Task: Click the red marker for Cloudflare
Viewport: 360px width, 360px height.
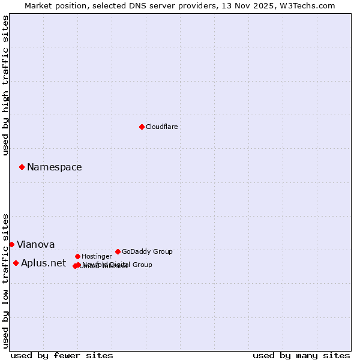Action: (x=142, y=127)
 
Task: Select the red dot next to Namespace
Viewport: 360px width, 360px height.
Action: (x=22, y=167)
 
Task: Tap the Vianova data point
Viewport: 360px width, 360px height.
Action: (x=11, y=244)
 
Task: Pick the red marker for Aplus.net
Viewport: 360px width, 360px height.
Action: (x=16, y=263)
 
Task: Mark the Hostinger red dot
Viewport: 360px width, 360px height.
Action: (x=77, y=256)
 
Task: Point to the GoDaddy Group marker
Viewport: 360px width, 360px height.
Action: (x=118, y=251)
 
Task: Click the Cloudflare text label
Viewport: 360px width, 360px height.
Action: (x=161, y=127)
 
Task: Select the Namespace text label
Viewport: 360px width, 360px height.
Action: (x=54, y=167)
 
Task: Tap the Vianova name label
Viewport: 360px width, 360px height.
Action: (x=35, y=244)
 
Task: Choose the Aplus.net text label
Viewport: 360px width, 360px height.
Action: (x=43, y=263)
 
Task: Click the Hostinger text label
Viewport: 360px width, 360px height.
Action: (x=97, y=256)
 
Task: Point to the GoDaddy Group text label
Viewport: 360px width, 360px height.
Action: (x=147, y=251)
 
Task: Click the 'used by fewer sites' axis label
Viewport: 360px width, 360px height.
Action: (x=62, y=355)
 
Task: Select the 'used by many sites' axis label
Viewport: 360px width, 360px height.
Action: (x=301, y=355)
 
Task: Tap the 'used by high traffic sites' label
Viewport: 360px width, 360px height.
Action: (x=5, y=85)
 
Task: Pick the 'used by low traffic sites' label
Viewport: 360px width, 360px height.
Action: (x=5, y=280)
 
